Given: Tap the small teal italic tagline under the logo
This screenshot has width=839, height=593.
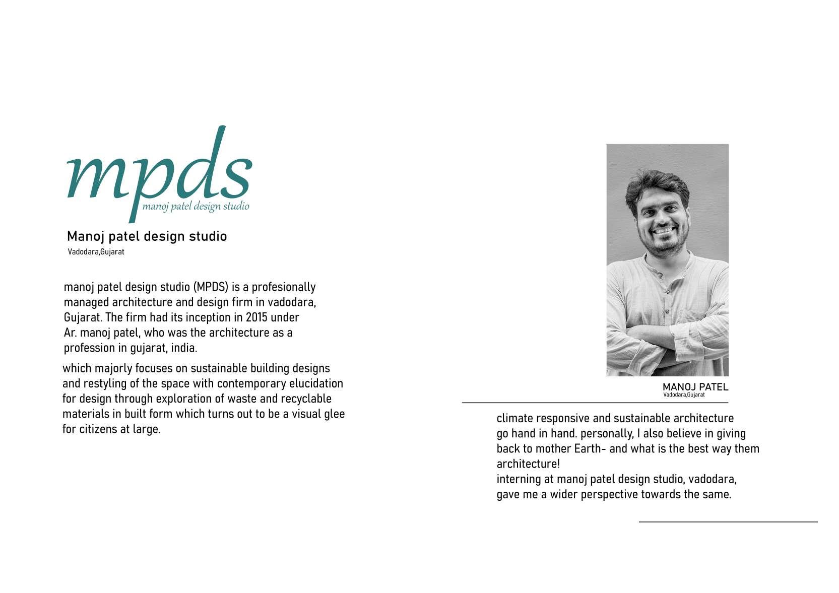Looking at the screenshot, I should pos(196,206).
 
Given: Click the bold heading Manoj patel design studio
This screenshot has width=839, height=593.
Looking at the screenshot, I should pos(147,236).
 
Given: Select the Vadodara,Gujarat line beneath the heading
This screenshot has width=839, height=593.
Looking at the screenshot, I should pos(96,252).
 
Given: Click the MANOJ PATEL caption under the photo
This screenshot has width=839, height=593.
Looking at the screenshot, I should pos(695,387).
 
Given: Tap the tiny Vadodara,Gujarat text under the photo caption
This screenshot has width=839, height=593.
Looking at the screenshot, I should pos(684,395).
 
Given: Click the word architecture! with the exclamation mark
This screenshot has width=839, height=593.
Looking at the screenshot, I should pos(528,464).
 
